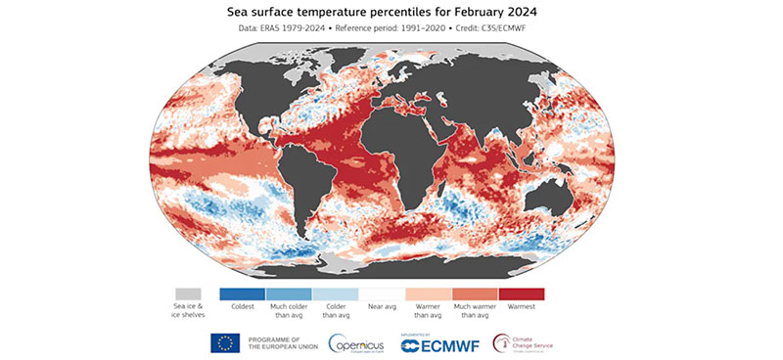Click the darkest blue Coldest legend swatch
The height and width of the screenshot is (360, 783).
[242, 293]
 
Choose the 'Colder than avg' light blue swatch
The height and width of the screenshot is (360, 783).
[335, 293]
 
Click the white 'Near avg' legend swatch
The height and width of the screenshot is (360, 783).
[381, 293]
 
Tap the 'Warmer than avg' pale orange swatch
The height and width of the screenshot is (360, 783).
[428, 293]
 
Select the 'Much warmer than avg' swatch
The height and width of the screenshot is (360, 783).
[475, 293]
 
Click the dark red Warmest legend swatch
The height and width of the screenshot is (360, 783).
[522, 293]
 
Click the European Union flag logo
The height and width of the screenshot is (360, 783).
[226, 341]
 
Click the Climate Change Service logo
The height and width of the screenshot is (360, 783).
[533, 341]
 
